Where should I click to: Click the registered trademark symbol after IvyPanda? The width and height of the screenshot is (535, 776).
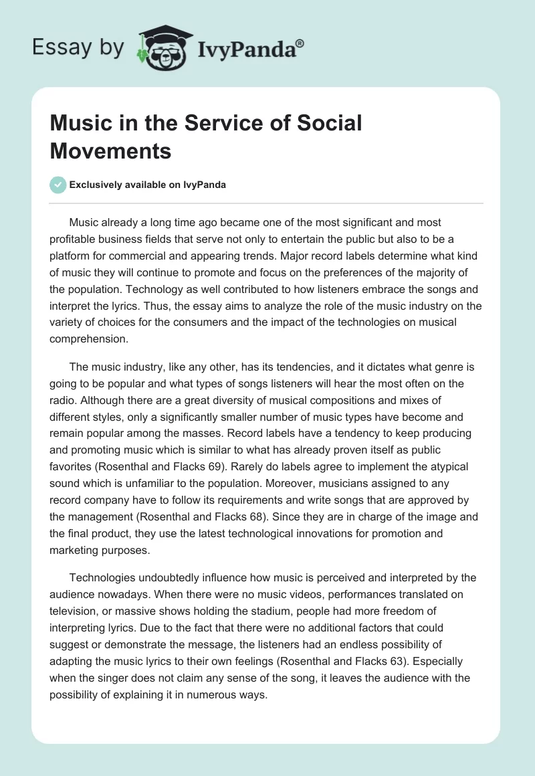[x=300, y=43]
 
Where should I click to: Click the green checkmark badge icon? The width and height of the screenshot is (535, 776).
[x=58, y=185]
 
